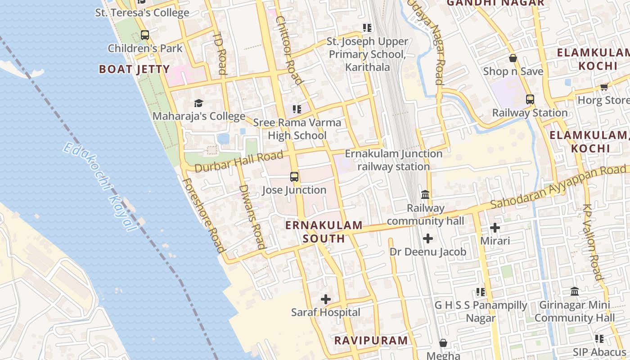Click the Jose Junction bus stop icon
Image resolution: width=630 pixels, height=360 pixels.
coord(294,177)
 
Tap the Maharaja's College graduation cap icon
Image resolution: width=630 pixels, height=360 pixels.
coord(198,103)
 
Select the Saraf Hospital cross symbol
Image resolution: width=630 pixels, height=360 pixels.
coord(326,299)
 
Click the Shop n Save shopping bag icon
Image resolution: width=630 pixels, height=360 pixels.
coord(513,58)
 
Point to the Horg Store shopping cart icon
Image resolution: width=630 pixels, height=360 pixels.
coord(604,86)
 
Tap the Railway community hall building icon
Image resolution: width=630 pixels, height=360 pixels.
coord(425,195)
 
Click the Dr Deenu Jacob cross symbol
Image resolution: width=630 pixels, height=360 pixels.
coord(428,238)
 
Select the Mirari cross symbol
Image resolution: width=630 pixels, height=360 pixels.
coord(495,228)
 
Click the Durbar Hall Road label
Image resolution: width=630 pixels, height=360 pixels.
coord(239,162)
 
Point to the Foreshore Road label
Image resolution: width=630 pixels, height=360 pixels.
coord(203,215)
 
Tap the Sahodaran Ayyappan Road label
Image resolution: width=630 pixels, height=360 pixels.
coord(558,187)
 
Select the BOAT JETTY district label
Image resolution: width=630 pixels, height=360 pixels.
coord(134,69)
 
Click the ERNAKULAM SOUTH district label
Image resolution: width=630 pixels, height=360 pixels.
coord(324,232)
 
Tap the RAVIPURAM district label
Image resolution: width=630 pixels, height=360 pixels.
coord(371,340)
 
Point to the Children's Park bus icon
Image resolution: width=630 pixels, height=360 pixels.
coord(145,35)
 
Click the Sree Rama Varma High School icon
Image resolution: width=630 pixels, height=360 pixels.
coord(297,109)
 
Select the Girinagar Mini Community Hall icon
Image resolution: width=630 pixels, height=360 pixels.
coord(575,292)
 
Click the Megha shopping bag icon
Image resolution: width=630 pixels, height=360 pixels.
coord(443,343)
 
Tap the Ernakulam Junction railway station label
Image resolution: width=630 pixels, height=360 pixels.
coord(394,160)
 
